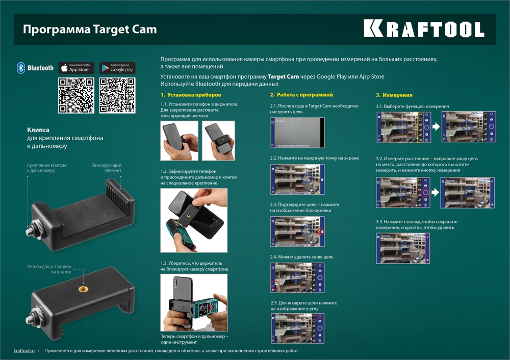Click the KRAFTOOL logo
(423, 29)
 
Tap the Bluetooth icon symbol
(21, 68)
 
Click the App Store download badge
(76, 68)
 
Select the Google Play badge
(117, 68)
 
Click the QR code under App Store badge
(76, 95)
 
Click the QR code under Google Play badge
(117, 95)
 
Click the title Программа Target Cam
(89, 29)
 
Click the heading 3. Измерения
(394, 95)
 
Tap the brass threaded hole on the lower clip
(82, 289)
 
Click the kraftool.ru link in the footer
(24, 351)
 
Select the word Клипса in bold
(38, 130)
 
